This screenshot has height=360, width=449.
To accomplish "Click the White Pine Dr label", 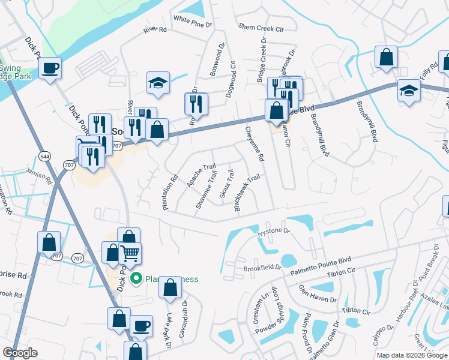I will pos(193,19).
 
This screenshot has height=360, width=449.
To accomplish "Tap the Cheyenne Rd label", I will pos(253,145).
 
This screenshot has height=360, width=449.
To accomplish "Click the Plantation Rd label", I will pos(171,192).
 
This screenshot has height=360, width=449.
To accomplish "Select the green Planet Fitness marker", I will pos(136,278).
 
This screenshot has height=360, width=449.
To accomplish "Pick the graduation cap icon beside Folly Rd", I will pos(409,90).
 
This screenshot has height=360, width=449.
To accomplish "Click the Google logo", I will pos(20,353).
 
